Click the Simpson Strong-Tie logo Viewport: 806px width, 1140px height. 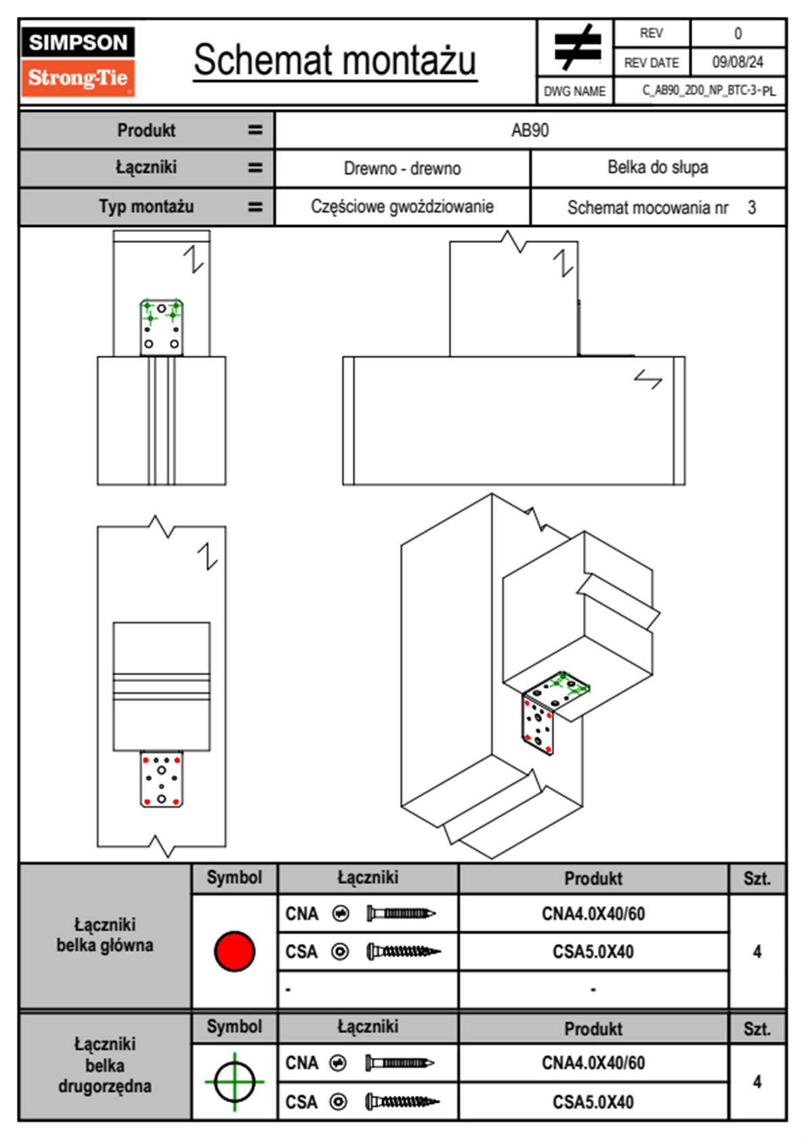[x=78, y=61]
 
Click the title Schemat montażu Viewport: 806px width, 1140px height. [x=335, y=60]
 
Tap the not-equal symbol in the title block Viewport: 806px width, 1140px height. [x=576, y=47]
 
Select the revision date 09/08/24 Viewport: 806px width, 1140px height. [x=737, y=62]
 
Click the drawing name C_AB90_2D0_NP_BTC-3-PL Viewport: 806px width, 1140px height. [x=708, y=90]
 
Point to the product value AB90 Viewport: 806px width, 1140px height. [x=530, y=130]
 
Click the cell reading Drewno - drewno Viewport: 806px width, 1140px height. [x=402, y=168]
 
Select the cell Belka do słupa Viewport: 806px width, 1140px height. [x=657, y=167]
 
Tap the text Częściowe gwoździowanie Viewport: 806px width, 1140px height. [x=402, y=207]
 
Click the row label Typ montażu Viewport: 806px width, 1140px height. [x=146, y=206]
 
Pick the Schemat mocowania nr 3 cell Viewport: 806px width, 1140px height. [x=660, y=207]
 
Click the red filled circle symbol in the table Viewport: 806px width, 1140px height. [x=234, y=951]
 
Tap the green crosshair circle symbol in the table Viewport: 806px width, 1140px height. [x=234, y=1081]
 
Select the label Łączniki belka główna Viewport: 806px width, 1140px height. [x=105, y=935]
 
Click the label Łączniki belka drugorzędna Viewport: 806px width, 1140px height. [x=105, y=1065]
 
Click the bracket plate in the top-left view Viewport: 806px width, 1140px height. [x=161, y=327]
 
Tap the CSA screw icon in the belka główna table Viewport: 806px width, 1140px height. [x=402, y=952]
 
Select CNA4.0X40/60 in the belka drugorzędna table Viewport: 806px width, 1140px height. [x=593, y=1063]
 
